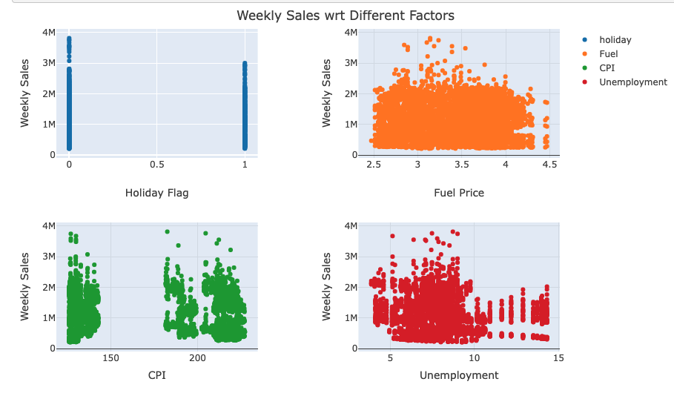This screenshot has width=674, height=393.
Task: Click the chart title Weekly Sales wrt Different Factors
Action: (345, 15)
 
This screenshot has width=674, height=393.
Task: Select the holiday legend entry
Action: (615, 40)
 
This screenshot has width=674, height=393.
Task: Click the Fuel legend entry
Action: (608, 54)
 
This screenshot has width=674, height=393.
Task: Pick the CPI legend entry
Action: (607, 68)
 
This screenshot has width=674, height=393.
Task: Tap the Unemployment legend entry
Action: (632, 82)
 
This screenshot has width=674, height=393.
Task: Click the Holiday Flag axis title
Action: (156, 193)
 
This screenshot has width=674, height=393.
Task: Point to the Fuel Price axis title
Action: (459, 193)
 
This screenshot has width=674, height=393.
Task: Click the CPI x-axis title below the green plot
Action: (156, 375)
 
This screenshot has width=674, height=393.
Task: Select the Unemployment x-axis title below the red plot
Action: (459, 375)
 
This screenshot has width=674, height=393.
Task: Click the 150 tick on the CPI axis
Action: (110, 359)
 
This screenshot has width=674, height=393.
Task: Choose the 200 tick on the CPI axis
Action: (197, 359)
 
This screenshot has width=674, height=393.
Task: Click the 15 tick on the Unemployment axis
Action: (558, 359)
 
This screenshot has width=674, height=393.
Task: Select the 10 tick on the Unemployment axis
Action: (475, 359)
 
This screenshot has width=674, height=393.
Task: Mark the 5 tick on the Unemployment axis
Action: (390, 359)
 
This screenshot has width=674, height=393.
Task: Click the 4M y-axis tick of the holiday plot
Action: (48, 33)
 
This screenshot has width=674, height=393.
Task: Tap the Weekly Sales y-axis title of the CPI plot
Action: (25, 286)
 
